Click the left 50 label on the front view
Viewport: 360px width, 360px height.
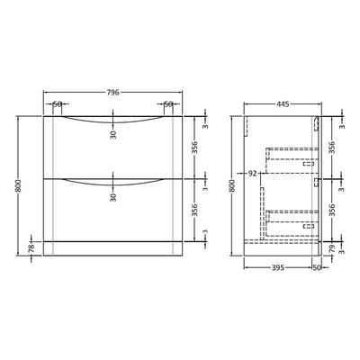(x=58, y=104)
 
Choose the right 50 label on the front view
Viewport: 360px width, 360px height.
(x=167, y=104)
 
